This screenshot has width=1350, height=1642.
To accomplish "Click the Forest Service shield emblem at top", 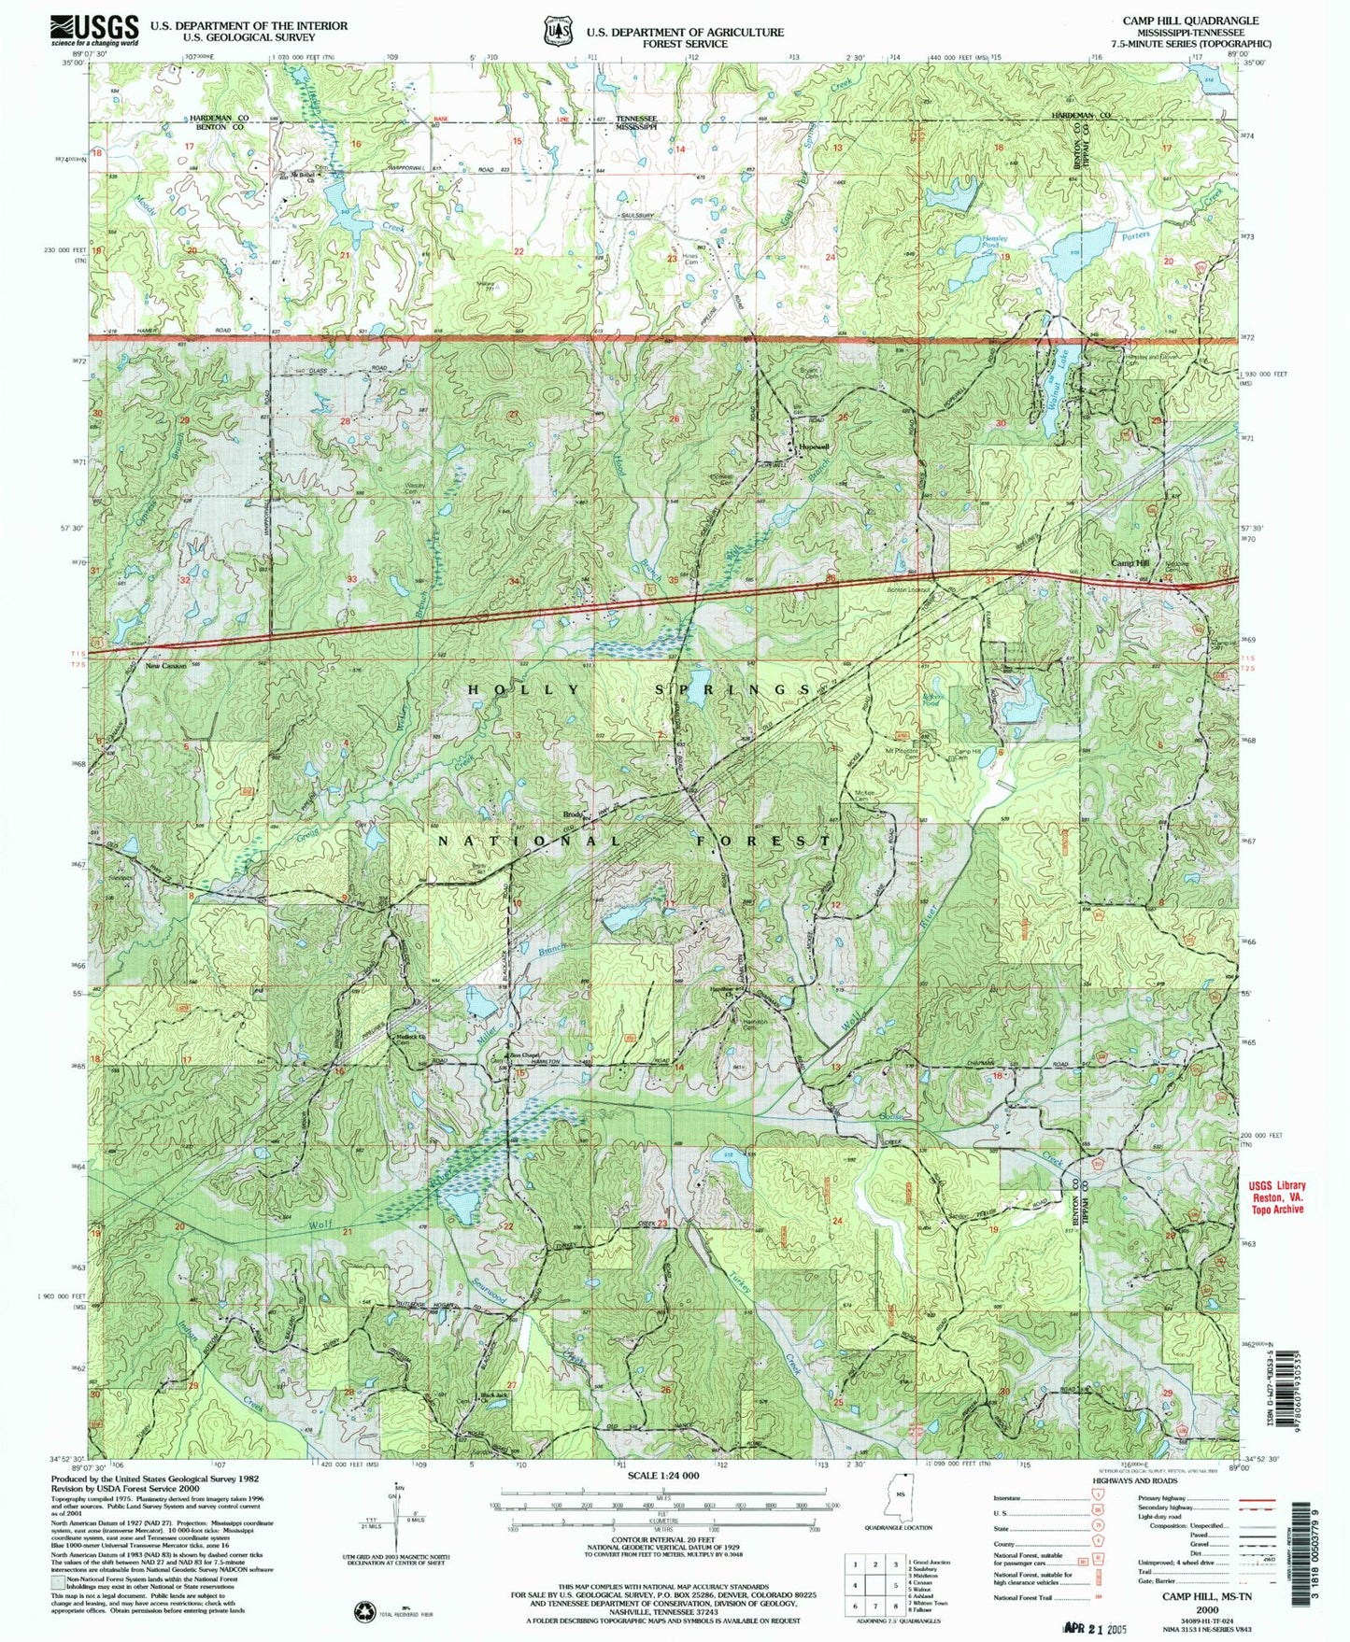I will pyautogui.click(x=559, y=31).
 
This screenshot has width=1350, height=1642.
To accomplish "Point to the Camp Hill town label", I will pyautogui.click(x=1129, y=562).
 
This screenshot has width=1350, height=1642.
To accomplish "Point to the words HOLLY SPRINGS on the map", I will pyautogui.click(x=638, y=689).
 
